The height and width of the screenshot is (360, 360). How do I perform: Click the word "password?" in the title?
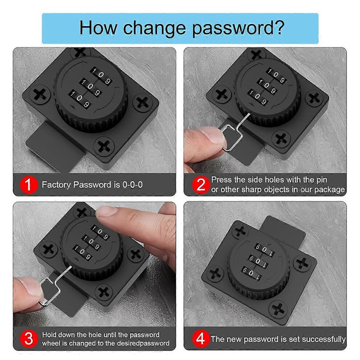(238, 28)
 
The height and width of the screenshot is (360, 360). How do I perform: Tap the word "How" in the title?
(98, 28)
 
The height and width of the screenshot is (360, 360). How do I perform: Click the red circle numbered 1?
(28, 185)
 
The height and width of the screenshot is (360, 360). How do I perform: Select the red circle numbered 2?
(201, 185)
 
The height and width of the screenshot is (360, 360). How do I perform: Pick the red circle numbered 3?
(28, 339)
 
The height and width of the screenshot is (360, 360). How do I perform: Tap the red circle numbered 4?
(201, 339)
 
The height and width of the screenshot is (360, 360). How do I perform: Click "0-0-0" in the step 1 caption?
(132, 185)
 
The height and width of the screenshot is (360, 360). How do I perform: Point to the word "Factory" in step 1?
(56, 185)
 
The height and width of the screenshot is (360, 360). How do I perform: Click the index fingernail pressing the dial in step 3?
(105, 211)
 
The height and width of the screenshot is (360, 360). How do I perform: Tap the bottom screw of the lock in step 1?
(104, 146)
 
